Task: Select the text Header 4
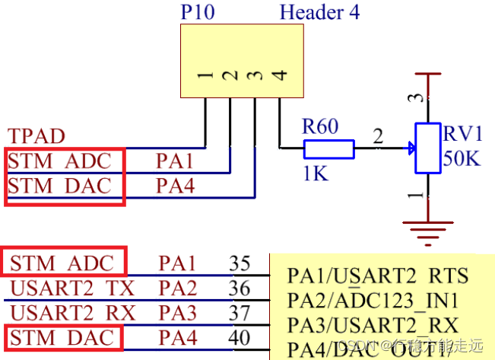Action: (x=319, y=12)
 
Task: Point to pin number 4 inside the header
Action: (x=281, y=75)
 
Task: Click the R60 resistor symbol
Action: (x=328, y=148)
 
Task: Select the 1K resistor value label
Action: (x=314, y=174)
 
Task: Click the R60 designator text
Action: (x=320, y=126)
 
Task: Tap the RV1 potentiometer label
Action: (x=463, y=135)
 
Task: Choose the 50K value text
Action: (x=462, y=161)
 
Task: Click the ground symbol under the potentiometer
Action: (x=427, y=227)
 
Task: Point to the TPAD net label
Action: (x=36, y=137)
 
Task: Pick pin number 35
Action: (x=240, y=264)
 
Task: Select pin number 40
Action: (x=240, y=336)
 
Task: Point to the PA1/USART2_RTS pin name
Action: (x=377, y=275)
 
